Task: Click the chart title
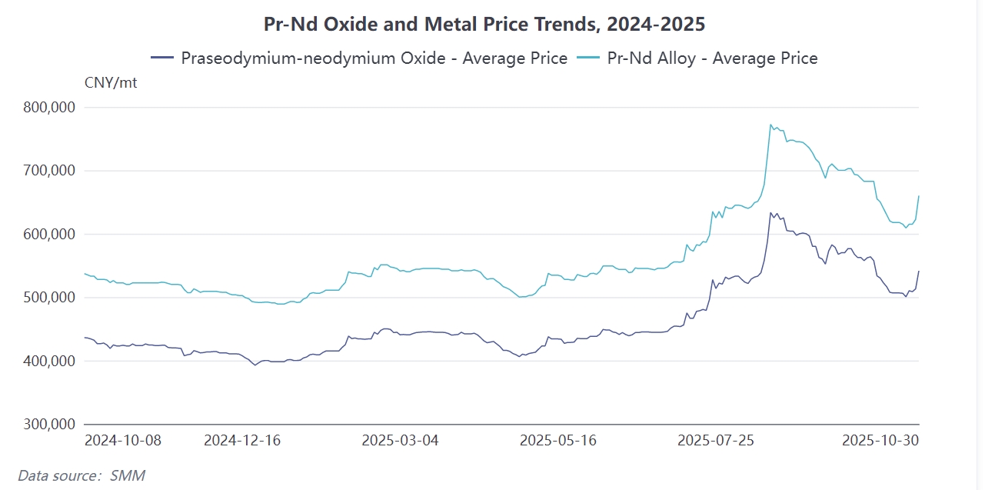[484, 24]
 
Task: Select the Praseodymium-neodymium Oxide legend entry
[360, 58]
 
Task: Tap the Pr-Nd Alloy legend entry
[697, 58]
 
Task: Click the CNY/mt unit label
[111, 82]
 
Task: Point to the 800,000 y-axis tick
[48, 108]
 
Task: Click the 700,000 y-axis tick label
[48, 171]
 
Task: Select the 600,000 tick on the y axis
[48, 234]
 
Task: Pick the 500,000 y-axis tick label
[48, 298]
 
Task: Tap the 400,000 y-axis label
[48, 361]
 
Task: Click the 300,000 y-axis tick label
[48, 424]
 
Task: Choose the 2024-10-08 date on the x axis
[122, 441]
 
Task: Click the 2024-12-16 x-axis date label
[242, 441]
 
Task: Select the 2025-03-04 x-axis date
[400, 441]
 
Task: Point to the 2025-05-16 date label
[558, 441]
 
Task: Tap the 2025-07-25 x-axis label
[716, 441]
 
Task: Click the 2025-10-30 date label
[880, 441]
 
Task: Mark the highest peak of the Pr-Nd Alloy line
[770, 124]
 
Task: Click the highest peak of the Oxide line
[770, 212]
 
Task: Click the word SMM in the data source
[127, 475]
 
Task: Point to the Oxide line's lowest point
[255, 365]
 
